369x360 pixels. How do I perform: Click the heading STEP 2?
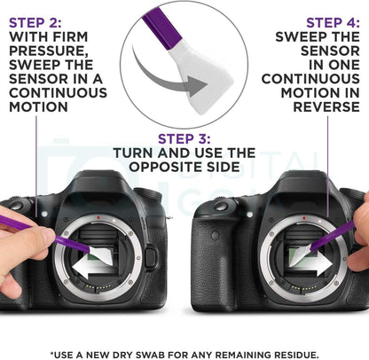35,23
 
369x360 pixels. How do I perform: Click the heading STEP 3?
184,138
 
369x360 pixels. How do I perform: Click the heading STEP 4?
334,23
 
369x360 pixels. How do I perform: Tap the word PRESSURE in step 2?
49,51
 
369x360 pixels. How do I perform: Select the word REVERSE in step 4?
326,106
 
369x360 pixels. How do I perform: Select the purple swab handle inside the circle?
161,27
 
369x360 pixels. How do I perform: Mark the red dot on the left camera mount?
98,217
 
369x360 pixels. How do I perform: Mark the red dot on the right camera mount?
304,218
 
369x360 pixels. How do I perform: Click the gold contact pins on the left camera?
99,286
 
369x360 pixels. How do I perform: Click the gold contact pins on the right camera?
304,287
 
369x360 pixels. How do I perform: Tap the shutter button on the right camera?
221,206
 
